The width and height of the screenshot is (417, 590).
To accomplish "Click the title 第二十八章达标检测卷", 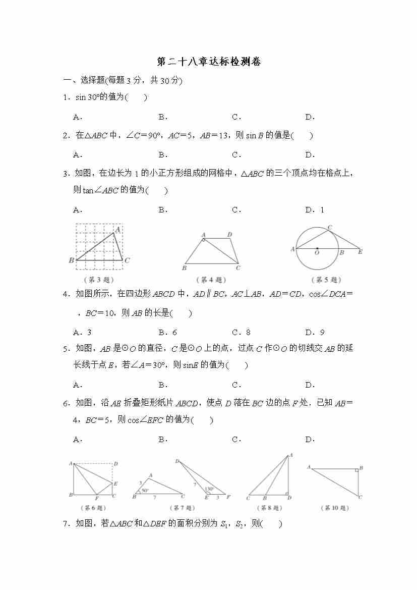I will click(209, 62).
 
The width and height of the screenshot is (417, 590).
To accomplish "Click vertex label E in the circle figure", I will click(360, 252).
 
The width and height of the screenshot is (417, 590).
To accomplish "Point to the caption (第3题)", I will click(99, 280).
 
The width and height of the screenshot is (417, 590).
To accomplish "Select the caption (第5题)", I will click(326, 280).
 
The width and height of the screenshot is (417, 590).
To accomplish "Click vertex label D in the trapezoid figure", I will click(229, 235).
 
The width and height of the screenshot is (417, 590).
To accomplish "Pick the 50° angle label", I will click(145, 490).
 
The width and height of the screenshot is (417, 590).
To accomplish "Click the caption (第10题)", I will click(335, 508).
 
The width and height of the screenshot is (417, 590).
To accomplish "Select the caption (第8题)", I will click(268, 508).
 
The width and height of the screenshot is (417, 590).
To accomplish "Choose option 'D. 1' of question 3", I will click(315, 210).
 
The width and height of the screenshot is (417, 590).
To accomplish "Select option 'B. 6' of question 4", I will click(167, 332).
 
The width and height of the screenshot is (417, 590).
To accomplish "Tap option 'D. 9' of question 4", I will click(315, 332).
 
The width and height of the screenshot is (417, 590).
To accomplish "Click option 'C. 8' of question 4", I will click(241, 332).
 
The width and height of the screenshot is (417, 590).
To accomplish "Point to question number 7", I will click(66, 524).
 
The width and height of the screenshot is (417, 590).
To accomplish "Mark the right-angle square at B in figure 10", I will click(356, 470).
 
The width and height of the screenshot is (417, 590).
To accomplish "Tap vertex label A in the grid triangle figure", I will click(117, 230).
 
